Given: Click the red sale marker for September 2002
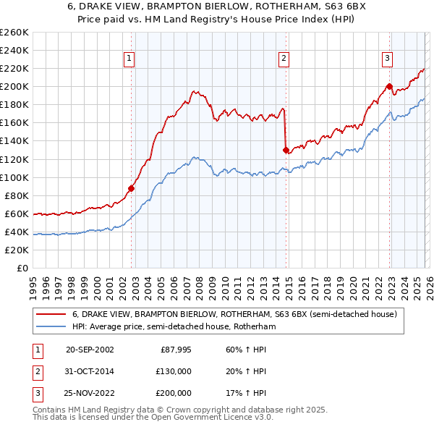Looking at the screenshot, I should [x=132, y=188].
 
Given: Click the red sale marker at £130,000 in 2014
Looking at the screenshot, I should [x=286, y=150].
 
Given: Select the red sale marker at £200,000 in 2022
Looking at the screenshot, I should [x=389, y=87].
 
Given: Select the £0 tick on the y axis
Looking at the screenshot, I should [x=22, y=268].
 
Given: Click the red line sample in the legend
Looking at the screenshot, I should [x=51, y=315].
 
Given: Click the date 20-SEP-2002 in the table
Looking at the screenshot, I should [x=90, y=350].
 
